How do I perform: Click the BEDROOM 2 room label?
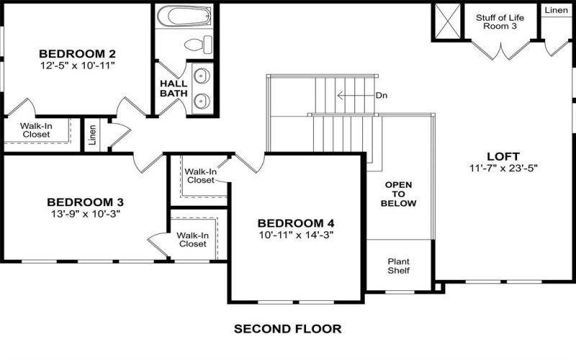[78, 53]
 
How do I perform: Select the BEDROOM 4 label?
[296, 223]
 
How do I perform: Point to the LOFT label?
[503, 156]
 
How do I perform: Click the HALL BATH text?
[173, 88]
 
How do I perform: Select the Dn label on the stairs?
[382, 94]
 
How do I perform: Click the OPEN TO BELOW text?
[398, 194]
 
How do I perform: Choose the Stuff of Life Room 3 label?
[500, 22]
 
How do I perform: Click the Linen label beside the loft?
[556, 10]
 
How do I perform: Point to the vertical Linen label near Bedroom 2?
[92, 135]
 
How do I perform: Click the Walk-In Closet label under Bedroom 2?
[36, 130]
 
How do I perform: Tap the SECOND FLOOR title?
[287, 328]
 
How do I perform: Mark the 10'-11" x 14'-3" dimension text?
[296, 235]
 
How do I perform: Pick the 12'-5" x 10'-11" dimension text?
[78, 66]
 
